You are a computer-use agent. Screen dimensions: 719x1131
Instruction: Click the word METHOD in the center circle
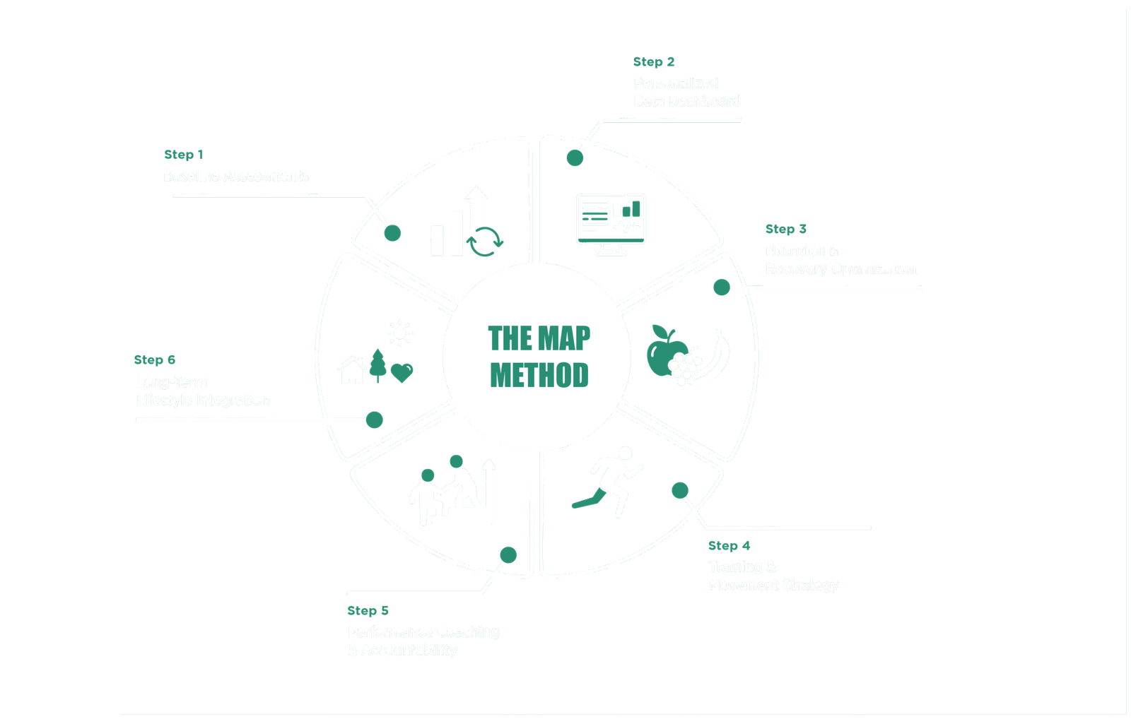tap(539, 375)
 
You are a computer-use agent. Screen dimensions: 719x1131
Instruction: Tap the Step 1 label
tap(184, 155)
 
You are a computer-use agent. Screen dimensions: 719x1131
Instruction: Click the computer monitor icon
tap(611, 223)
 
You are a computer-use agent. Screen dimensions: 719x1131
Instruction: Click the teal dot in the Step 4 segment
tap(679, 489)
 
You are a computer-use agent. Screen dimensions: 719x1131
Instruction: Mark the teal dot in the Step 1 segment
tap(392, 232)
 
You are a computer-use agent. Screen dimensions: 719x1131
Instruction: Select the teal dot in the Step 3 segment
tap(721, 287)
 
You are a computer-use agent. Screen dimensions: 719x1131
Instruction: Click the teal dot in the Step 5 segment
tap(508, 554)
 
